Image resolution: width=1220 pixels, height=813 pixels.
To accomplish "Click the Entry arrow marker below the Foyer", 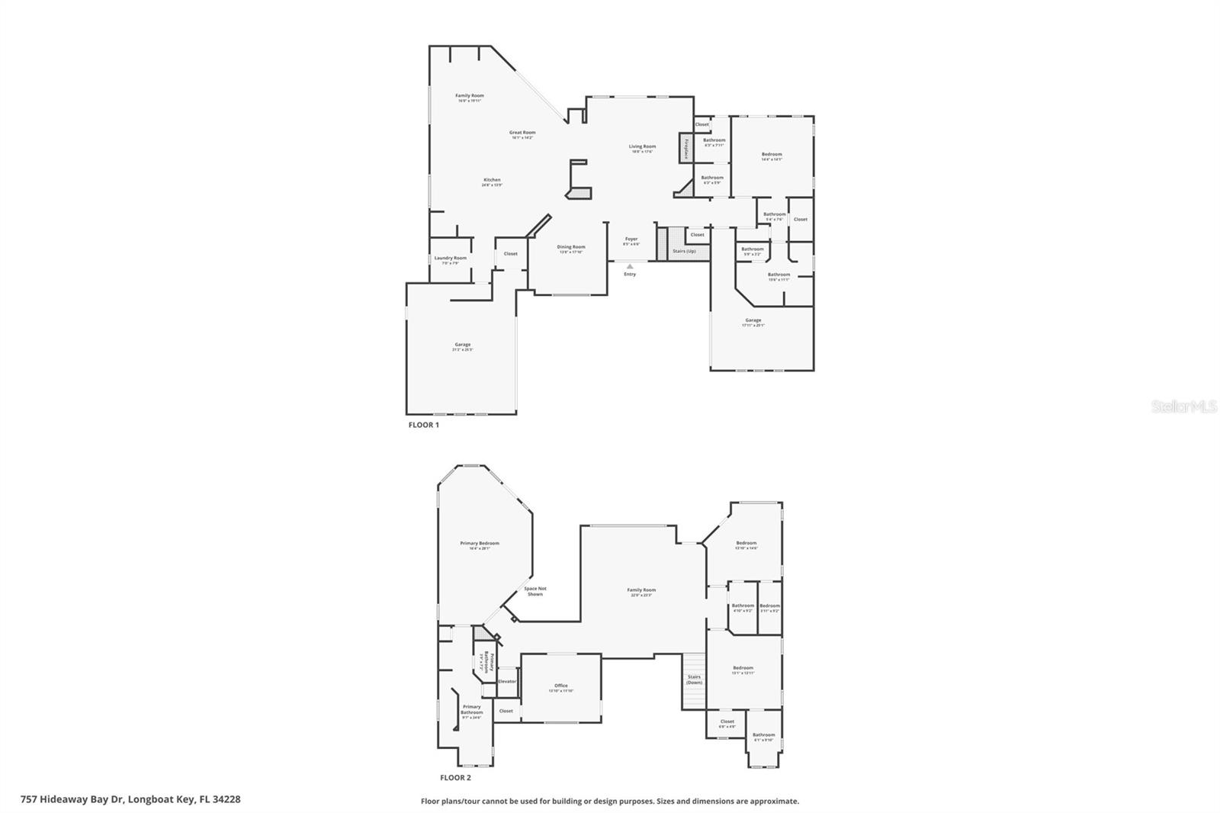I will coord(630,266).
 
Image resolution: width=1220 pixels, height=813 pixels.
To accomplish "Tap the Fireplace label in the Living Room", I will coord(686,149).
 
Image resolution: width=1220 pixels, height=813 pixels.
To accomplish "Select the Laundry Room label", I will coord(450,259).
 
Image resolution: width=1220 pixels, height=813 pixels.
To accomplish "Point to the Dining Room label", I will coord(571,247).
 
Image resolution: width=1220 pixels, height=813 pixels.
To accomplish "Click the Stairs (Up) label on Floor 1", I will coord(684,251).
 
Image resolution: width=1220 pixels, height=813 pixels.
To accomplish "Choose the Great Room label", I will coord(522,133).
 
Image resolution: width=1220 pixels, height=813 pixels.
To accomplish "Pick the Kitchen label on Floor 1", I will coord(492,180).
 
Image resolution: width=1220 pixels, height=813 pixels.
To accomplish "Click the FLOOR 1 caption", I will coord(424,425).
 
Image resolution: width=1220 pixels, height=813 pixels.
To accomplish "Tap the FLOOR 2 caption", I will coord(455,778).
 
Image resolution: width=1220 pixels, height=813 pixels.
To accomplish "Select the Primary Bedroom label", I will coord(480,544).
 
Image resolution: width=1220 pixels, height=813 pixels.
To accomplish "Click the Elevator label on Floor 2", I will coord(507,681).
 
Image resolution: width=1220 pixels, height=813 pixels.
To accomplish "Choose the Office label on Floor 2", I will coord(561,686).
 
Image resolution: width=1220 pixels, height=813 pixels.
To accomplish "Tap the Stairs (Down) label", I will coord(694,680).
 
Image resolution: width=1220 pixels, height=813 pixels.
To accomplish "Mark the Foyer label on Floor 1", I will coord(631,239).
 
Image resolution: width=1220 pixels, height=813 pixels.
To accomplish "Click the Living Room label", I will coord(642,146).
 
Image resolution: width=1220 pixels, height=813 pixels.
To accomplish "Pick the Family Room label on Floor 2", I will coord(641,590).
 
